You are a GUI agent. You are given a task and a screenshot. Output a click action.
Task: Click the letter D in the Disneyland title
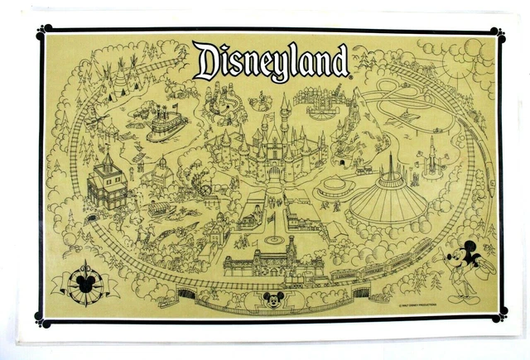pos(209,60)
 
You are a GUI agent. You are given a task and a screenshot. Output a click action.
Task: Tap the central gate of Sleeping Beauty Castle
pos(274,170)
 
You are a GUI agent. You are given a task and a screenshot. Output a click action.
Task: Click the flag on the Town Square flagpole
pos(271,216)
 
